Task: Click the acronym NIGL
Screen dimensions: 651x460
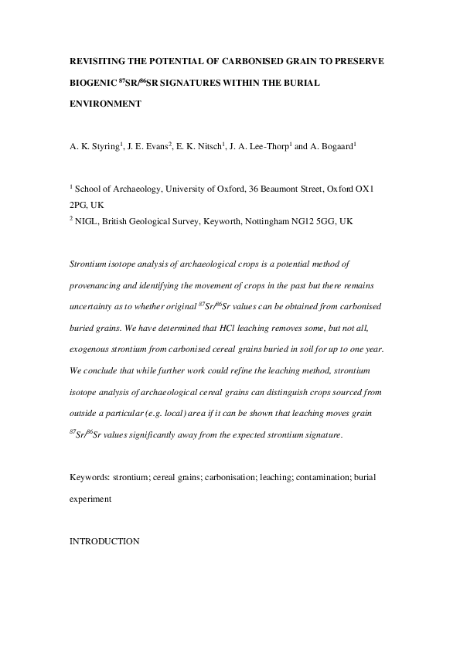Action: (89, 220)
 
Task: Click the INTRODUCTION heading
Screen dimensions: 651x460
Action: (104, 542)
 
